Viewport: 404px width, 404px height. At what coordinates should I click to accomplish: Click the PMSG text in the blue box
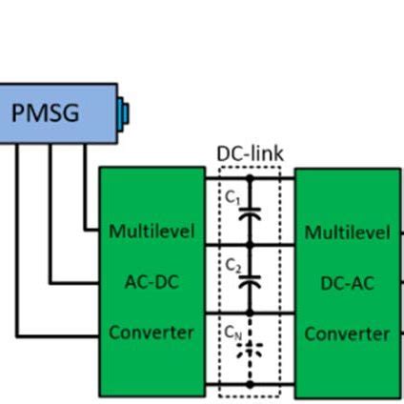(45, 112)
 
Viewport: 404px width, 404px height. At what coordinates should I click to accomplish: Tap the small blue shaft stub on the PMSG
(123, 113)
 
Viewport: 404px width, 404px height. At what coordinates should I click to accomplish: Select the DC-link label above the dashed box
(250, 153)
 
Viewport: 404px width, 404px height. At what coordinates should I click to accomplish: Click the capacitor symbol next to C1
(250, 216)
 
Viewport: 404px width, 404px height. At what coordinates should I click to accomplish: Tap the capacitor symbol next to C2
(250, 282)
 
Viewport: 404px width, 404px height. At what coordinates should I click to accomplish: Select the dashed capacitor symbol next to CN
(250, 349)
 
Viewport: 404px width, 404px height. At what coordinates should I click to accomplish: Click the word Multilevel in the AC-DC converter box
(151, 232)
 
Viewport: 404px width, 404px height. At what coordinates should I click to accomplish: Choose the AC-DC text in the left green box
(151, 282)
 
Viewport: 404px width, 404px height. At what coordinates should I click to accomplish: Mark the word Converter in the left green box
(151, 333)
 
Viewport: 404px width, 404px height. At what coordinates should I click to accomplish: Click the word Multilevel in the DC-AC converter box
(347, 232)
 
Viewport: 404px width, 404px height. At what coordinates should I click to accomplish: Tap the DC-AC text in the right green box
(347, 282)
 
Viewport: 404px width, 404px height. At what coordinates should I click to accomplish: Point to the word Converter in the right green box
(347, 333)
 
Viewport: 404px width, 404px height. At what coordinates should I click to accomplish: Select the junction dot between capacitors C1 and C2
(250, 245)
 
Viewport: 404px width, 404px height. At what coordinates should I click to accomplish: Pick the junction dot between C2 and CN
(250, 313)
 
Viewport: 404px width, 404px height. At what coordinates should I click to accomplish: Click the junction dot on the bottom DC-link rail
(250, 384)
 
